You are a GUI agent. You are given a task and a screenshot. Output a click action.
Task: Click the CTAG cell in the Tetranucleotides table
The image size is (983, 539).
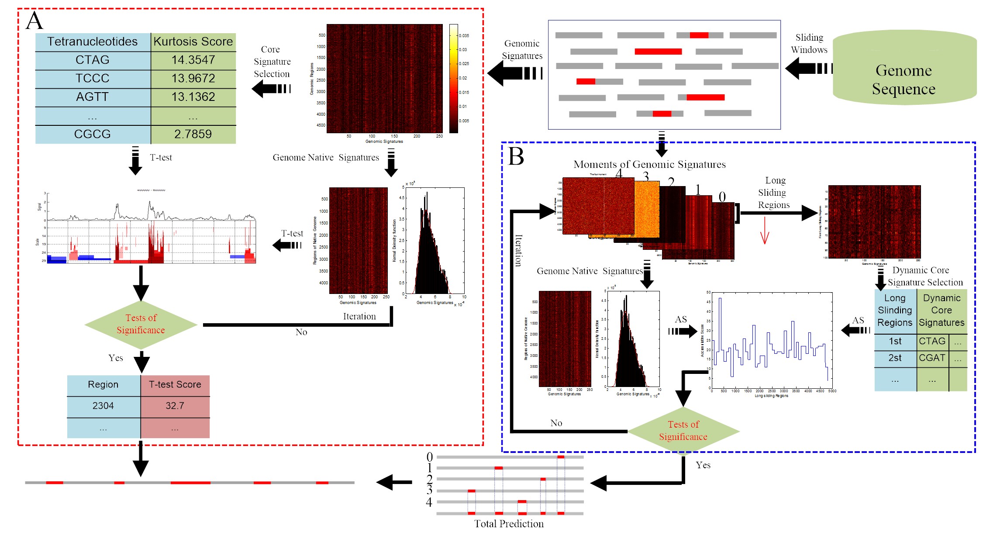[x=92, y=60]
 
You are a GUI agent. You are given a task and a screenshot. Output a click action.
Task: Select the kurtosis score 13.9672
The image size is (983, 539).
[x=193, y=78]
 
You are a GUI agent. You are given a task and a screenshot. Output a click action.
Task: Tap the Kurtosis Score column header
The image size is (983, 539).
[x=193, y=41]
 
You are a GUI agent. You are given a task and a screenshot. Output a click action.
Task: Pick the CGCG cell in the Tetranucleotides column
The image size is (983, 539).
[x=92, y=134]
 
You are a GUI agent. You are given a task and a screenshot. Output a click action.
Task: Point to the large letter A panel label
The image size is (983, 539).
[x=34, y=21]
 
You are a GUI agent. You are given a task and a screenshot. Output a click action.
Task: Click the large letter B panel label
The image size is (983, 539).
[x=516, y=156]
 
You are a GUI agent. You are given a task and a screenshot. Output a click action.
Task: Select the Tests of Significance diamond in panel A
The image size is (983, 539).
[x=141, y=324]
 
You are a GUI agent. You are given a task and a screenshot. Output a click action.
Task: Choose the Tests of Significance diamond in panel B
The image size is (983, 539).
[x=683, y=431]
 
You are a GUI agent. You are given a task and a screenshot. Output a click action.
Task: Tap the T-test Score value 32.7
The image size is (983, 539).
[x=175, y=406]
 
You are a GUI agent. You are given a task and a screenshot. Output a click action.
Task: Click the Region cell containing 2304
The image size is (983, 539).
[x=103, y=406]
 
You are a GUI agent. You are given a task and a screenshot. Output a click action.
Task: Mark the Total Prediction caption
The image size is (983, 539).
[x=509, y=524]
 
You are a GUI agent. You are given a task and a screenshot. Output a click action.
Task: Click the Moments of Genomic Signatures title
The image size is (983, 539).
[x=649, y=164]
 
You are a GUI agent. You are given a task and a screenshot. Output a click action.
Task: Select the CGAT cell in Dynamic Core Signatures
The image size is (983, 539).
[x=932, y=358]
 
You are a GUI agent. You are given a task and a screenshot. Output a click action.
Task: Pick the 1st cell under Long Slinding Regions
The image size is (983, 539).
[x=895, y=341]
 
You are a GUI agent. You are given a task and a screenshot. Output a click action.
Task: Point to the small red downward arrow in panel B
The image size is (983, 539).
[x=764, y=231]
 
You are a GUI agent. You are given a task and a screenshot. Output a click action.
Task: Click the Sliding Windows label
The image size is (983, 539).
[x=809, y=44]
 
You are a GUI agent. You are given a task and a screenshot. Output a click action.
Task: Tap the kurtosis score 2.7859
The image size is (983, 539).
[x=193, y=134]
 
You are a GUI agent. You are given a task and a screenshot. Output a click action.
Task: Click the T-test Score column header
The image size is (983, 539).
[x=175, y=384]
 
